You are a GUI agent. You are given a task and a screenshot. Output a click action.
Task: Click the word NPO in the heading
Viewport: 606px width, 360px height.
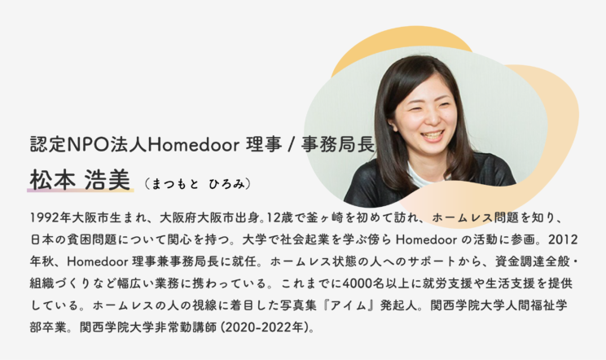click(86, 144)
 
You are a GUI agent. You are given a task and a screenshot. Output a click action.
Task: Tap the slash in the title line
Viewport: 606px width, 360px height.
click(292, 145)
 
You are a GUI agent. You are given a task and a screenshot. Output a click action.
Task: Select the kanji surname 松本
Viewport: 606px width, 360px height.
click(53, 180)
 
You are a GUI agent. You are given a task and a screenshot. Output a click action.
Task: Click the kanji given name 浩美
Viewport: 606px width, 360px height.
click(108, 180)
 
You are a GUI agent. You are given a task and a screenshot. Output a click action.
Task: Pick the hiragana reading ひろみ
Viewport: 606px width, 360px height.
click(227, 184)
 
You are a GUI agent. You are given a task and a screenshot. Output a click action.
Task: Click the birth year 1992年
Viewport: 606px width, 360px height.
click(50, 217)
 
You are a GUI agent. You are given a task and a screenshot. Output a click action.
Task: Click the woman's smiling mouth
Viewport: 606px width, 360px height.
click(433, 135)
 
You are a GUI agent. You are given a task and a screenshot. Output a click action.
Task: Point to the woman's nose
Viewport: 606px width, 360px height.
click(432, 118)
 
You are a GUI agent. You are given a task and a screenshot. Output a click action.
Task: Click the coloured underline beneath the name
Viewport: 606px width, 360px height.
click(81, 190)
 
